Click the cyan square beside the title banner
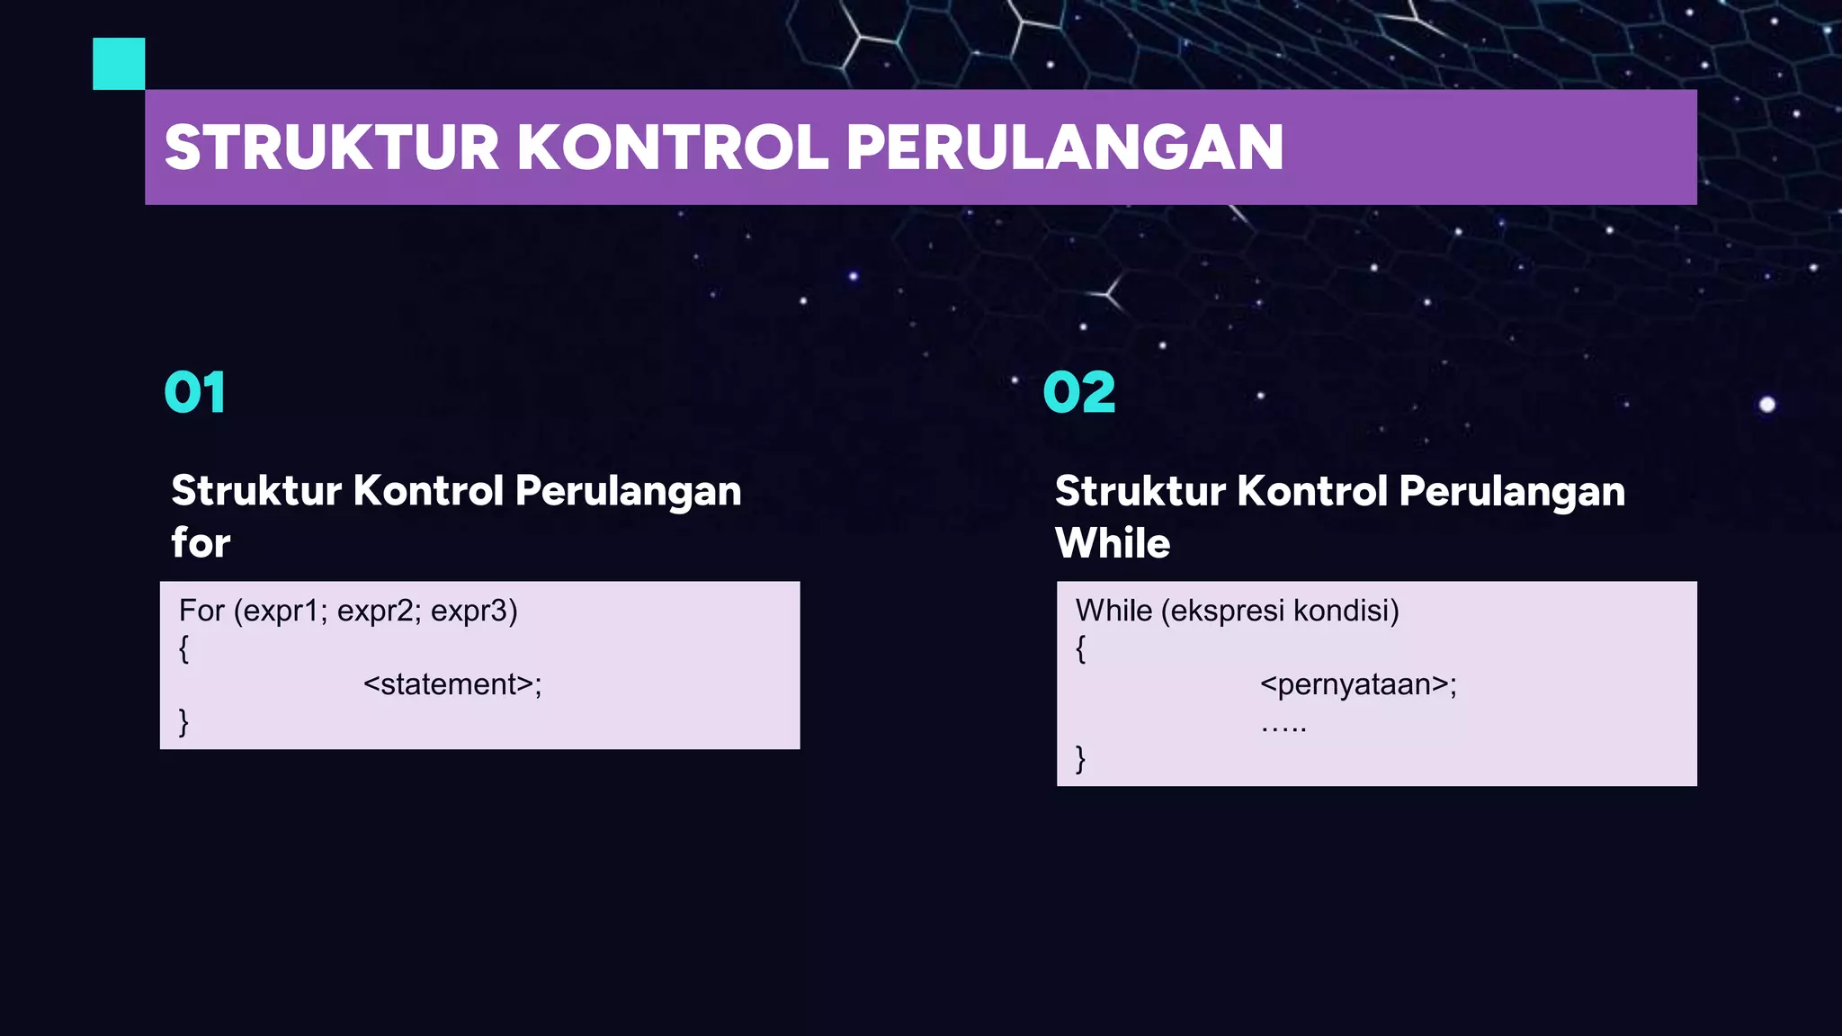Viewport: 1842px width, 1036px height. coord(119,64)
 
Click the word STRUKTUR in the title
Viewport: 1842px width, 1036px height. coord(331,147)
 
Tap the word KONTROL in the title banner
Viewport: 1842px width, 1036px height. coord(673,147)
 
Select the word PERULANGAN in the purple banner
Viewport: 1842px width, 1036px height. coord(1065,147)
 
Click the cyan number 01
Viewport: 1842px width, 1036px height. coord(194,393)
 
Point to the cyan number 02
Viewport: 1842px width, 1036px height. coord(1079,393)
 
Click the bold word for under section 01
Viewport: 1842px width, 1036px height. coord(201,543)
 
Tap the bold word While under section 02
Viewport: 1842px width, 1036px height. coord(1113,543)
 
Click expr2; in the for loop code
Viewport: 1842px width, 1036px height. coord(379,612)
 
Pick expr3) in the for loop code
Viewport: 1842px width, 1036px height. coord(474,612)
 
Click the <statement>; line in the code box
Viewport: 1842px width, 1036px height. coord(452,684)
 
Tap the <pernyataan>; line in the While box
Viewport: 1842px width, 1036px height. coord(1358,684)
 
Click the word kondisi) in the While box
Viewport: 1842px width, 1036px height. coord(1346,612)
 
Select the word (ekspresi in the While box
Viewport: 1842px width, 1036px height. coord(1222,612)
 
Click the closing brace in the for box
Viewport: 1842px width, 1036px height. coord(183,721)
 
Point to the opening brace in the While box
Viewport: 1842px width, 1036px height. coord(1081,647)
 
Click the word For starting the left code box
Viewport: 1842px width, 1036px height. coord(201,612)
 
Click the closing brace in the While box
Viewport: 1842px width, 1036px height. coord(1081,758)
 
